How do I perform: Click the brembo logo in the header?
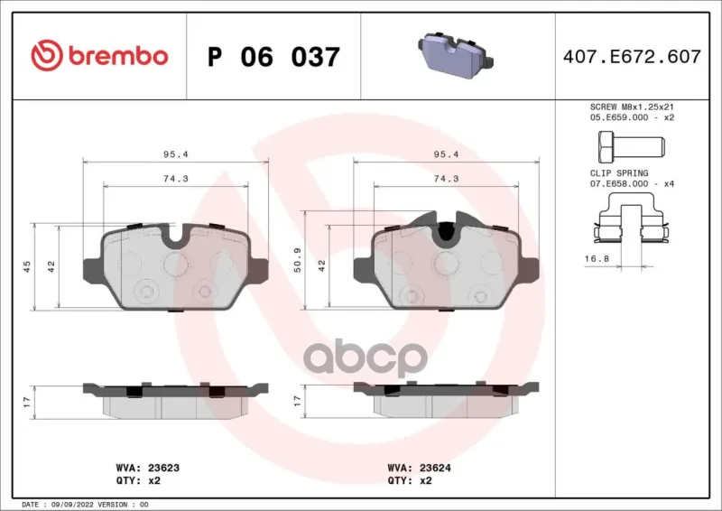(x=99, y=55)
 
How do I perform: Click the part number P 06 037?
(x=273, y=57)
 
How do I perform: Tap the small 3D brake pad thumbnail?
(x=456, y=55)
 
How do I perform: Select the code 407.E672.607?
(x=632, y=57)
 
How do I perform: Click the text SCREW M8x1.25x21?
(x=632, y=107)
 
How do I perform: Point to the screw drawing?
(x=631, y=147)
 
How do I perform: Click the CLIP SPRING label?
(x=619, y=173)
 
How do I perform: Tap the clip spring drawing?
(x=631, y=218)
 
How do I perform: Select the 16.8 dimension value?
(x=597, y=259)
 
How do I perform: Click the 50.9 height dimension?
(x=298, y=259)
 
